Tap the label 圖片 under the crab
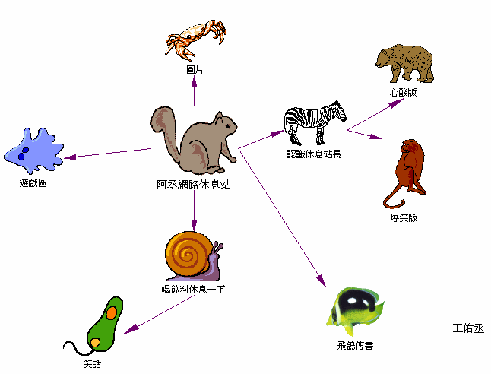pyautogui.click(x=195, y=69)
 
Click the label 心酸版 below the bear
pyautogui.click(x=403, y=93)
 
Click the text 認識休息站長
pyautogui.click(x=314, y=154)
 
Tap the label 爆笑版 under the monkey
pyautogui.click(x=404, y=218)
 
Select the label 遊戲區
pyautogui.click(x=33, y=183)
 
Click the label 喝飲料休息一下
pyautogui.click(x=193, y=290)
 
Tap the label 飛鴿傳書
pyautogui.click(x=354, y=346)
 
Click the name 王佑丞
pyautogui.click(x=467, y=328)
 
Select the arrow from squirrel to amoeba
pyautogui.click(x=106, y=154)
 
